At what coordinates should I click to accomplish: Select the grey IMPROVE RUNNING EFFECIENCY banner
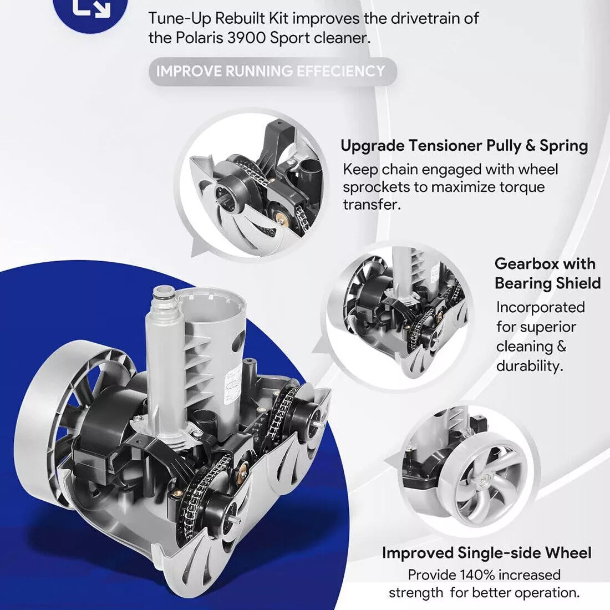[x=273, y=72]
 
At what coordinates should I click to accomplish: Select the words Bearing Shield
[x=548, y=283]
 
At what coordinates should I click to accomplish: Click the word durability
[x=530, y=365]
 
